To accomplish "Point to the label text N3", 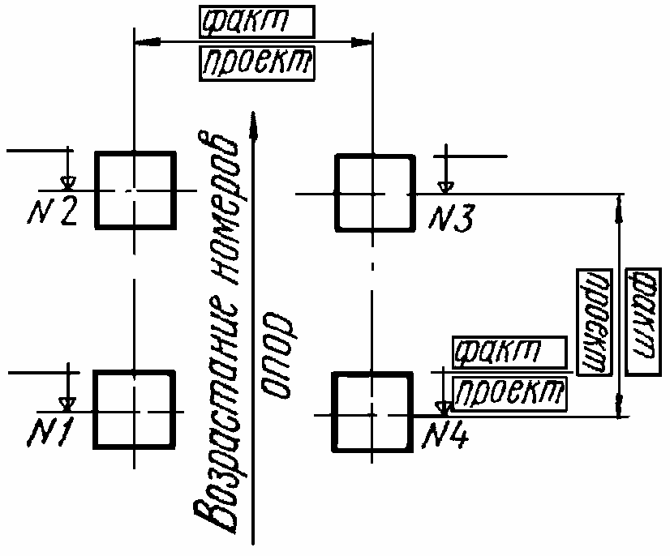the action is (451, 219).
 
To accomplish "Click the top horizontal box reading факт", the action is (257, 22).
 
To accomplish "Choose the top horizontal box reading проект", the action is (257, 64).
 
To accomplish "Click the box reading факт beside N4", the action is (509, 353).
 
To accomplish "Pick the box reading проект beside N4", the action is (509, 394).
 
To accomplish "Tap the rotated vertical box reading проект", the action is (595, 323).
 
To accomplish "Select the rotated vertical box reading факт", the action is (643, 322).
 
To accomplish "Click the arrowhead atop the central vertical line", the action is (253, 125).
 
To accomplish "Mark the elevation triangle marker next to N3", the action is (445, 187).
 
